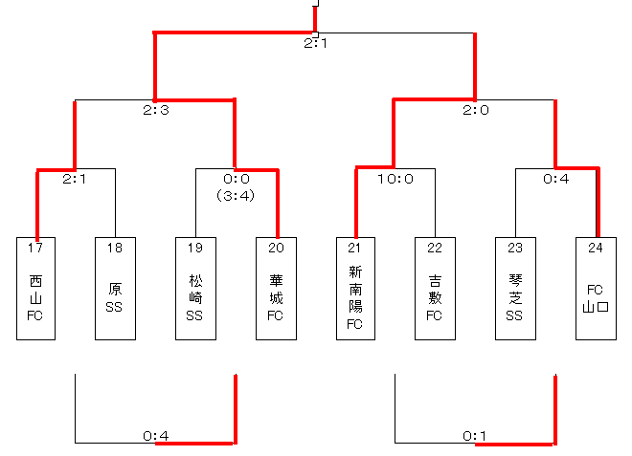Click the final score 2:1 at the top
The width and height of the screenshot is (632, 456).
316,43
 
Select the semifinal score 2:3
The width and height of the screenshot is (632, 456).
156,110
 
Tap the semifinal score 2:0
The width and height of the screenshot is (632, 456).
476,110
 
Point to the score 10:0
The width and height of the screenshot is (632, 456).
395,178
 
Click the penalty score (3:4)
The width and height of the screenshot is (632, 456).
237,195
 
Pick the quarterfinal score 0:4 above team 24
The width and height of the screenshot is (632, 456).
556,178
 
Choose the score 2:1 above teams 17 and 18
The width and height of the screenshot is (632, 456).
76,178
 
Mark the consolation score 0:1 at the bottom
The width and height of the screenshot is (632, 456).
476,437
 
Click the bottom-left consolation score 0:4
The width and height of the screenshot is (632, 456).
156,437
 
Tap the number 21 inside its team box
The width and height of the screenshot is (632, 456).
355,249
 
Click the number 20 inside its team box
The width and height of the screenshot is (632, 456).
276,249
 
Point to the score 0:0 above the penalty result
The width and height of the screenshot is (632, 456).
237,178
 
